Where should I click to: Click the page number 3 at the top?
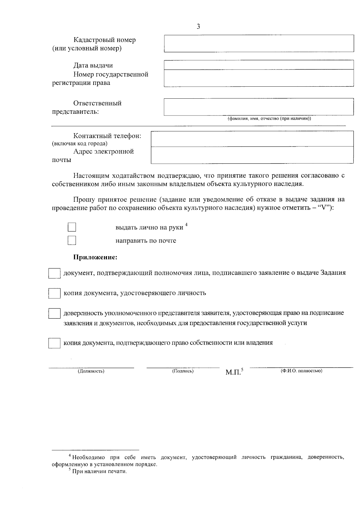click(x=198, y=26)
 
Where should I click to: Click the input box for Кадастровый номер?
click(x=259, y=43)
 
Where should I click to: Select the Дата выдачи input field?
click(x=259, y=65)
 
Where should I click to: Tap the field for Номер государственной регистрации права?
click(x=259, y=78)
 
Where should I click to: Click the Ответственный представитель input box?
click(x=259, y=107)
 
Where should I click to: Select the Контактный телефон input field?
click(x=252, y=139)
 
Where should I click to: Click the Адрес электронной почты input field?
click(x=252, y=155)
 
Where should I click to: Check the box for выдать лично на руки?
click(x=72, y=227)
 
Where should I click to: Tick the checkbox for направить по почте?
click(x=72, y=241)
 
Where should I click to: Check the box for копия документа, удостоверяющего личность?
click(x=54, y=293)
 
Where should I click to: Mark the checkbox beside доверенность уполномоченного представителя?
click(x=54, y=313)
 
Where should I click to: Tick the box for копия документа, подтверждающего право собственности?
click(x=54, y=343)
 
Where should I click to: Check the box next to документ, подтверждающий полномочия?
click(x=54, y=273)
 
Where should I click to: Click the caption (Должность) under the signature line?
click(x=91, y=371)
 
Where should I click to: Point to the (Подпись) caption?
click(x=183, y=371)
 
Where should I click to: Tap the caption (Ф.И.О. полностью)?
click(x=301, y=371)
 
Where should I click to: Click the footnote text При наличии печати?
click(x=99, y=472)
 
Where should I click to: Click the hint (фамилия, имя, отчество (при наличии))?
click(x=269, y=118)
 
